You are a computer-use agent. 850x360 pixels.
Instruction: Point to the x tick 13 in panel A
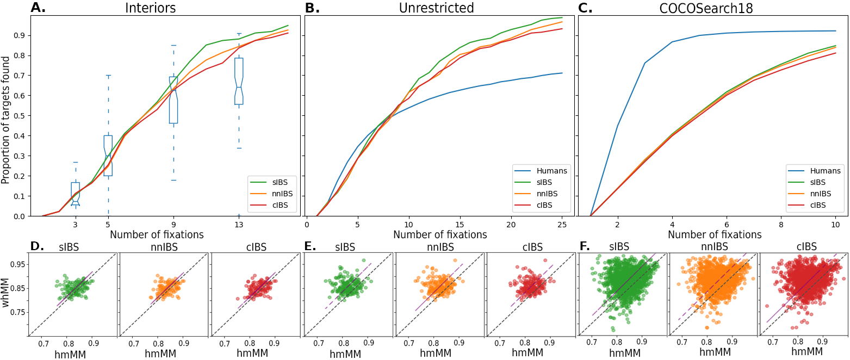click(239, 224)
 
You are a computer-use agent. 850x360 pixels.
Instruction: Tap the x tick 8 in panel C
click(781, 224)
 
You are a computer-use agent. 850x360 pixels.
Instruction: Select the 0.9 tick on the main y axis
click(20, 35)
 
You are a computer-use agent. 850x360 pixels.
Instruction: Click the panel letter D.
click(37, 246)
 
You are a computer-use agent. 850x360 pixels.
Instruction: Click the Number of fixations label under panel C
click(715, 235)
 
